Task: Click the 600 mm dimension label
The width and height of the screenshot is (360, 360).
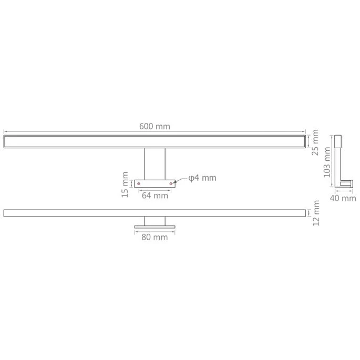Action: (x=155, y=127)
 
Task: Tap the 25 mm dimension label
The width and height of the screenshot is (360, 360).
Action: (x=315, y=142)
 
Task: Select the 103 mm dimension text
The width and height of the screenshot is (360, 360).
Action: (x=327, y=162)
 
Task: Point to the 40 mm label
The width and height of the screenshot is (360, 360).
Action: (x=343, y=198)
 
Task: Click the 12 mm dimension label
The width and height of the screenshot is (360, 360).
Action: (x=316, y=213)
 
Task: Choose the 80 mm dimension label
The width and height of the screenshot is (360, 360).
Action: (x=155, y=237)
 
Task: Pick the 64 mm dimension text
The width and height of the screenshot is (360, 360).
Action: (x=155, y=196)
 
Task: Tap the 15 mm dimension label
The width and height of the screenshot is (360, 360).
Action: (x=125, y=185)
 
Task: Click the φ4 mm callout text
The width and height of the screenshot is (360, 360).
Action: (x=202, y=178)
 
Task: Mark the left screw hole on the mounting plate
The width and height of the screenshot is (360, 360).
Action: (x=138, y=183)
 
